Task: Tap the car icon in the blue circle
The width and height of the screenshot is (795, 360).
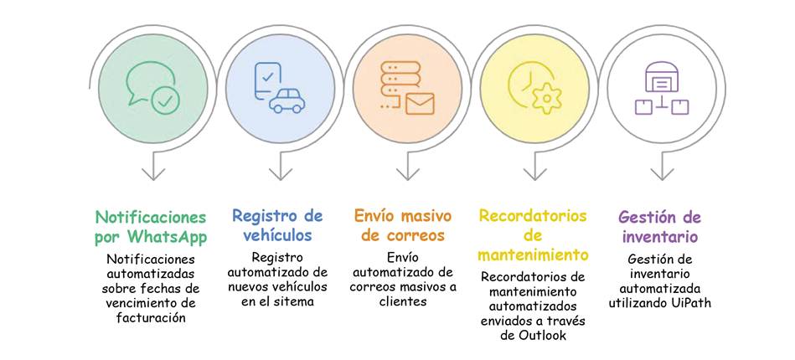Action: pyautogui.click(x=287, y=100)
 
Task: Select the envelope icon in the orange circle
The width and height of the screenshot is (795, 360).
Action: pyautogui.click(x=420, y=104)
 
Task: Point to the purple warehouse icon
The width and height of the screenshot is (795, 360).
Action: pyautogui.click(x=662, y=78)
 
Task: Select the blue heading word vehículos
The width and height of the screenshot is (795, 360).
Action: pyautogui.click(x=276, y=235)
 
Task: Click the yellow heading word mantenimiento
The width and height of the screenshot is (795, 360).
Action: pyautogui.click(x=533, y=254)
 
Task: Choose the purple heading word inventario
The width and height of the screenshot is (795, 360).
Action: pyautogui.click(x=660, y=236)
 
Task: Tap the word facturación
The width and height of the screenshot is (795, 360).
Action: pyautogui.click(x=151, y=318)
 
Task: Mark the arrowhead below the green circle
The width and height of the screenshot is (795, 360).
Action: pyautogui.click(x=153, y=173)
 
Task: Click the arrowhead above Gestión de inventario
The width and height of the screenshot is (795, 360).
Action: pyautogui.click(x=662, y=173)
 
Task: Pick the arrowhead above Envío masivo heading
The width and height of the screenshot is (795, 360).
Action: pyautogui.click(x=408, y=173)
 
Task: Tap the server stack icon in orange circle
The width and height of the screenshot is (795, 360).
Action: pyautogui.click(x=400, y=81)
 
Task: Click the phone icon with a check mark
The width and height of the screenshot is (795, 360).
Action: pyautogui.click(x=267, y=81)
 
